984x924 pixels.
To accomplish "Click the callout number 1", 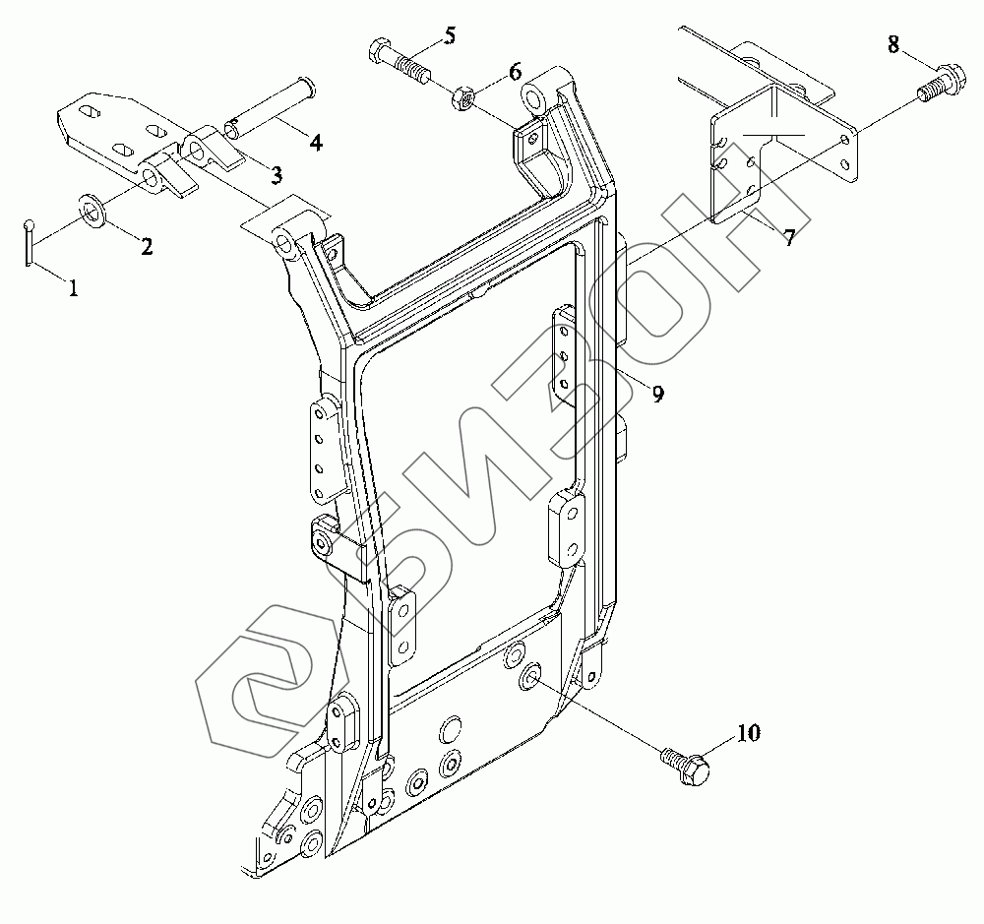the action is pyautogui.click(x=73, y=287).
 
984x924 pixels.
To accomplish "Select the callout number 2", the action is pyautogui.click(x=146, y=247).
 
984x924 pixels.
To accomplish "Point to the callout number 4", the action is pyautogui.click(x=315, y=142).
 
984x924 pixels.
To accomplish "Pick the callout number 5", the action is pyautogui.click(x=449, y=37).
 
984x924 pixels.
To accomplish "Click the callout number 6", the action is pyautogui.click(x=514, y=74).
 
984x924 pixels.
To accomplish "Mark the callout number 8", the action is pyautogui.click(x=893, y=45).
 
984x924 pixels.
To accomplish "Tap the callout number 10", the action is pyautogui.click(x=748, y=732).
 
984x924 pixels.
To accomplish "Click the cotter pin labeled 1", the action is pyautogui.click(x=31, y=241).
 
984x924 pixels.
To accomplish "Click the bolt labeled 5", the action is pyautogui.click(x=400, y=62).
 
